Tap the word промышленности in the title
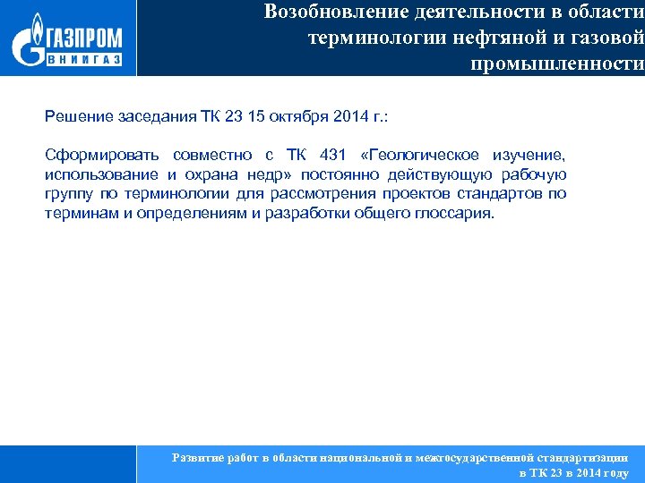556,64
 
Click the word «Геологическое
430,156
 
